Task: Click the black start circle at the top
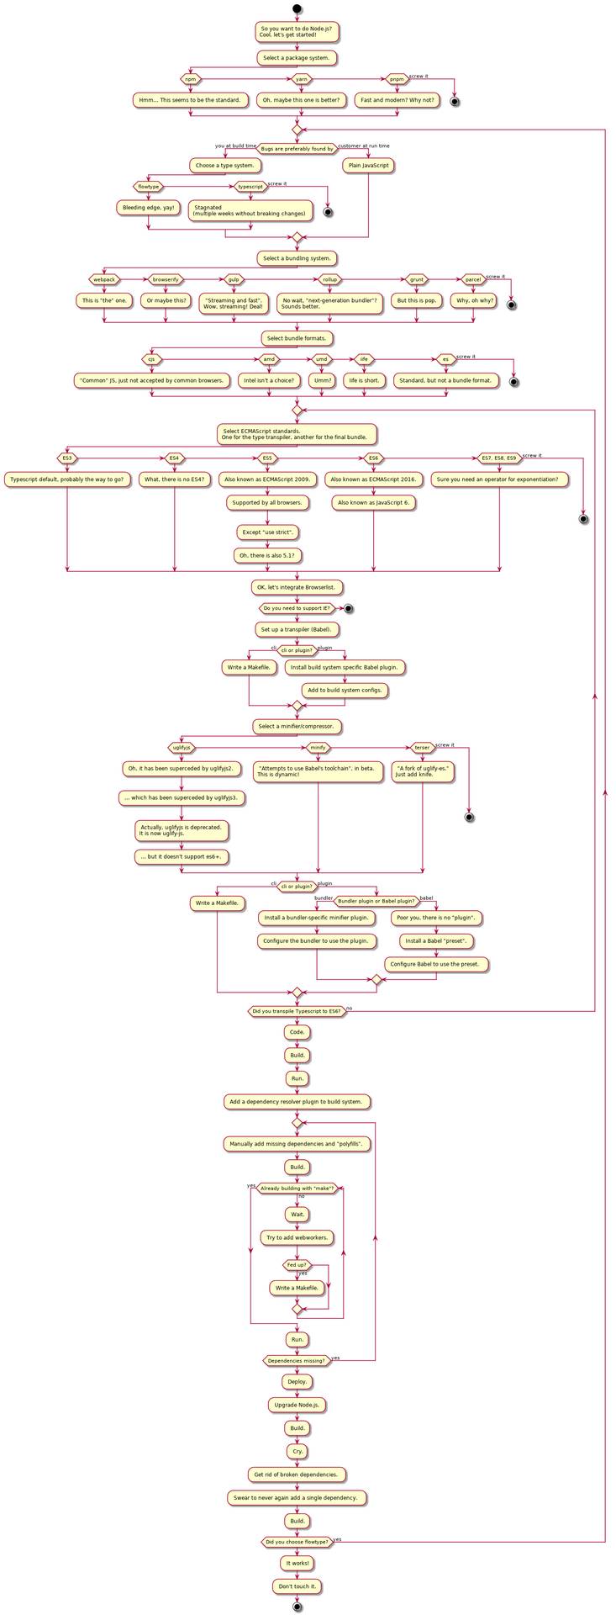click(297, 9)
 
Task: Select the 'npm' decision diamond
click(191, 79)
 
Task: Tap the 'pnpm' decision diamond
click(397, 79)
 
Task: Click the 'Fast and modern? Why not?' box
click(397, 100)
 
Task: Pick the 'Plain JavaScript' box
click(368, 166)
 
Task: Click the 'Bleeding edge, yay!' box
click(148, 207)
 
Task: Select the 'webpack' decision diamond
click(104, 279)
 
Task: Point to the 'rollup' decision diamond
click(329, 279)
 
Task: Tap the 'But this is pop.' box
click(417, 300)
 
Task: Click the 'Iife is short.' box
click(364, 380)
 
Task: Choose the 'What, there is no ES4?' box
click(175, 479)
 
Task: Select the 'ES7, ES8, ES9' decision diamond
click(499, 458)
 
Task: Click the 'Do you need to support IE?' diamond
click(297, 607)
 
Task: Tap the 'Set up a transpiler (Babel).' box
click(297, 629)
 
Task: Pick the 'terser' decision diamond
click(422, 747)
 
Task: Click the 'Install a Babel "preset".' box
click(436, 941)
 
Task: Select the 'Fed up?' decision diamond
click(297, 1265)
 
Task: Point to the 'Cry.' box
click(297, 1451)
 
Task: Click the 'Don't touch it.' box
click(297, 1586)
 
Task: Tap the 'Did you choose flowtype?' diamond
click(297, 1542)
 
